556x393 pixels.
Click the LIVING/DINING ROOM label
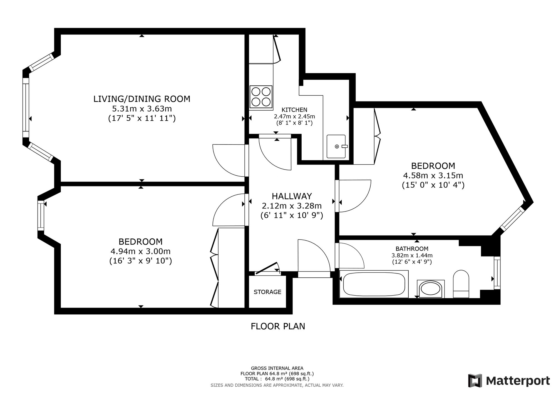[142, 99]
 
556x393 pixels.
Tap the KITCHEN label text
[294, 110]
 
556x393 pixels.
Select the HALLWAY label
[292, 196]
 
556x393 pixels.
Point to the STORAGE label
[267, 292]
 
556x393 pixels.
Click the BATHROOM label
[412, 249]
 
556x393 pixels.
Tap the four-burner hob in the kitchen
[261, 96]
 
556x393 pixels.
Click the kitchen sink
[336, 146]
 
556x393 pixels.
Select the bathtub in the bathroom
[374, 284]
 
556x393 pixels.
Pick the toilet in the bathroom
[461, 284]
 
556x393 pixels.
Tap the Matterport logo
[509, 380]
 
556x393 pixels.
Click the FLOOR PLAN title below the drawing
[278, 326]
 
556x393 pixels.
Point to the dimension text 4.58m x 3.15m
[433, 176]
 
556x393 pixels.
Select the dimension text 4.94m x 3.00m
[141, 251]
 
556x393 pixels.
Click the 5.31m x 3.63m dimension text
[142, 109]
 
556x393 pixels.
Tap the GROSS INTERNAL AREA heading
[277, 369]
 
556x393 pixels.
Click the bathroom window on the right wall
[497, 273]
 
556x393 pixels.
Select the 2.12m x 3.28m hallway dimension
[292, 206]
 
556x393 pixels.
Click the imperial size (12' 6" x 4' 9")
[412, 262]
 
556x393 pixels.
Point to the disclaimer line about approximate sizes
[277, 385]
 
